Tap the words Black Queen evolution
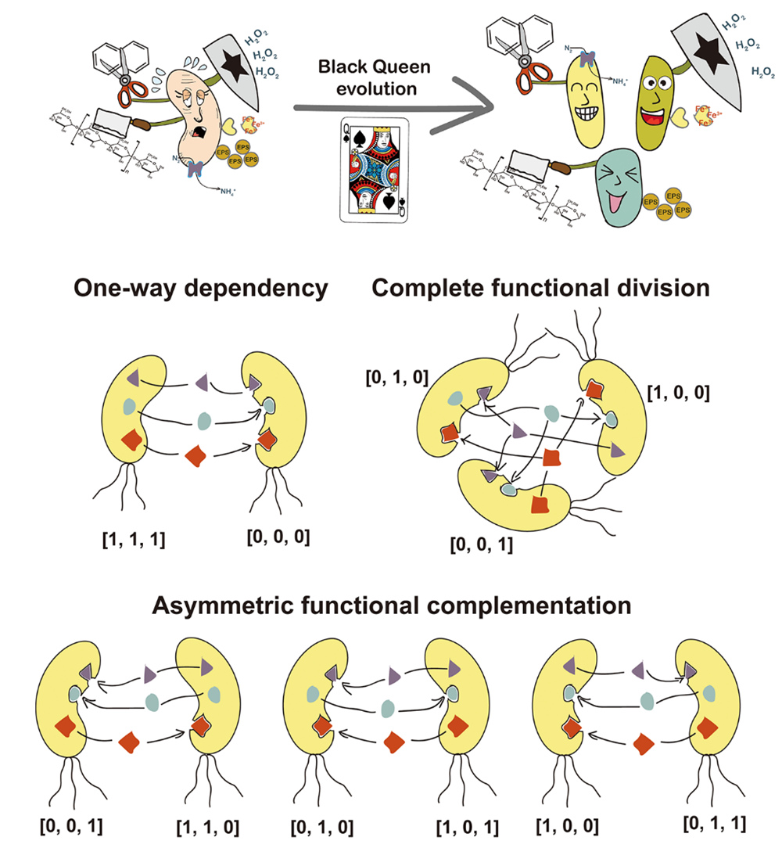(367, 77)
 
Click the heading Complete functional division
(540, 289)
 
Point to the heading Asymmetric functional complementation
(391, 605)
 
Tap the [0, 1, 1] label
(714, 822)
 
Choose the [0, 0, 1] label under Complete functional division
(482, 544)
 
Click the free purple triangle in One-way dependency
(202, 383)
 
